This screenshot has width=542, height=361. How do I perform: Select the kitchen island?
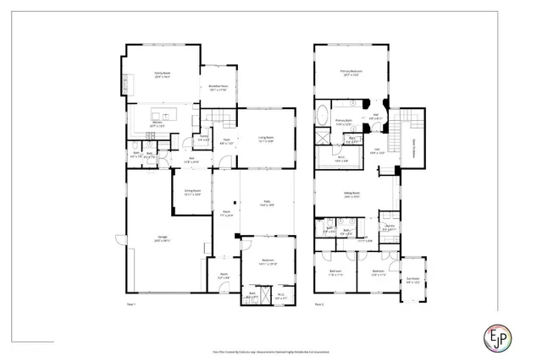coord(162,115)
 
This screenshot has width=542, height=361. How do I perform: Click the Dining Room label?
coord(192,192)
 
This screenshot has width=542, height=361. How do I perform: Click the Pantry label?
coord(204,138)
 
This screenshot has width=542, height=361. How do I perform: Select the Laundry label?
coord(390,227)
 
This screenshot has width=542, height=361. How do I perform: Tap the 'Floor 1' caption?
coord(131,303)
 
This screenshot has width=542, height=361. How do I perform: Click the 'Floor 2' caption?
coord(319,303)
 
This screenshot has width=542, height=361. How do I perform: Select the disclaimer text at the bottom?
coord(271,351)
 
